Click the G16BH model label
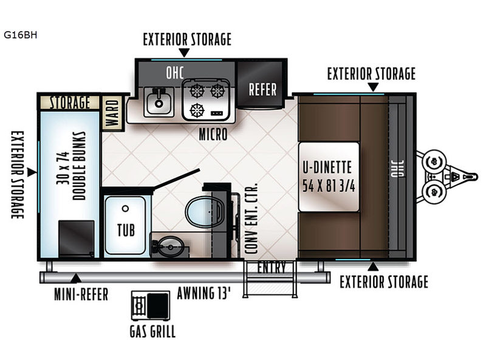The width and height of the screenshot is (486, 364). [21, 35]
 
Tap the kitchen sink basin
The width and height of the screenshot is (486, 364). [159, 102]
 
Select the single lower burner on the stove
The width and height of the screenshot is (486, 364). [197, 110]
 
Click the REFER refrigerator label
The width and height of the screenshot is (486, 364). [262, 89]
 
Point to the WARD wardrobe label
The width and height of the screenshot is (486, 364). [113, 113]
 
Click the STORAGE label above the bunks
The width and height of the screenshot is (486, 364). [70, 103]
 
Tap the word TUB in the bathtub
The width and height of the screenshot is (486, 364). [126, 231]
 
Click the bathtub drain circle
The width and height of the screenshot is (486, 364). [125, 209]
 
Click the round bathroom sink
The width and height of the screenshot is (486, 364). [171, 246]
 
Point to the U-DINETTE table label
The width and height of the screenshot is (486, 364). [327, 167]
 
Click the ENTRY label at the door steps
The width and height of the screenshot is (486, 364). [272, 268]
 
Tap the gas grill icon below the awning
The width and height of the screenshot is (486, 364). [151, 306]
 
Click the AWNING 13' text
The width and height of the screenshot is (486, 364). [204, 293]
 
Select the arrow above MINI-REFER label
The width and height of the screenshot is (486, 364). [75, 278]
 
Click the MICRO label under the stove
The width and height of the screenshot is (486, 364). [213, 134]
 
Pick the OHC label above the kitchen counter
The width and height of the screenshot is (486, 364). [175, 73]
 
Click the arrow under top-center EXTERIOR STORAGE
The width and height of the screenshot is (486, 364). [185, 53]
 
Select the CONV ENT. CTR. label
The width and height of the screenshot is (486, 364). [251, 218]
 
